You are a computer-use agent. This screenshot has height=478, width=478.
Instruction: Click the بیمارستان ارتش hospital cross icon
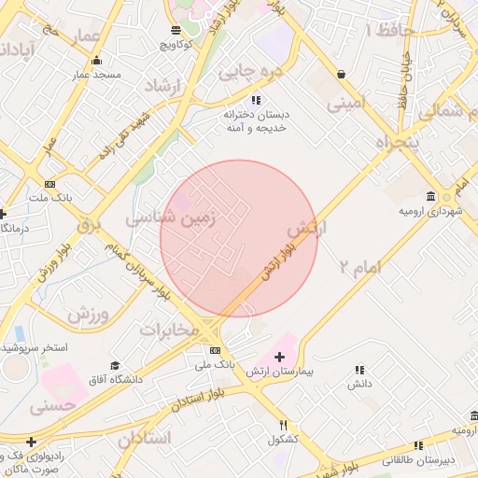click(279, 357)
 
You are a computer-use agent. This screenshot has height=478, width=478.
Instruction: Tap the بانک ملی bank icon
click(216, 350)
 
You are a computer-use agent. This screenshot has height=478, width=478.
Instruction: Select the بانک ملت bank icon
click(49, 184)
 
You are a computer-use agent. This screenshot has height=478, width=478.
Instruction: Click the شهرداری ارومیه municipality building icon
click(430, 196)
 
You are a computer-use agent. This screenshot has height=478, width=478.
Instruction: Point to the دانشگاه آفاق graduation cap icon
click(115, 365)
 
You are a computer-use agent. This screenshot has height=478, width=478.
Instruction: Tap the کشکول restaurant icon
click(282, 426)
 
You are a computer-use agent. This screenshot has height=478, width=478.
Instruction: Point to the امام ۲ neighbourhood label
click(360, 267)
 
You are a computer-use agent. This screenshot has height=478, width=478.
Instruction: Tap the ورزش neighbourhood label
click(88, 313)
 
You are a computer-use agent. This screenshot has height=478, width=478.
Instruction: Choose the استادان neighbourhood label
click(146, 437)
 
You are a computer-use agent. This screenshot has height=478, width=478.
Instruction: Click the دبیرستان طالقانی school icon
click(418, 446)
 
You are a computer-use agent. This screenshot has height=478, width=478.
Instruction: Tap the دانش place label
click(360, 384)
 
